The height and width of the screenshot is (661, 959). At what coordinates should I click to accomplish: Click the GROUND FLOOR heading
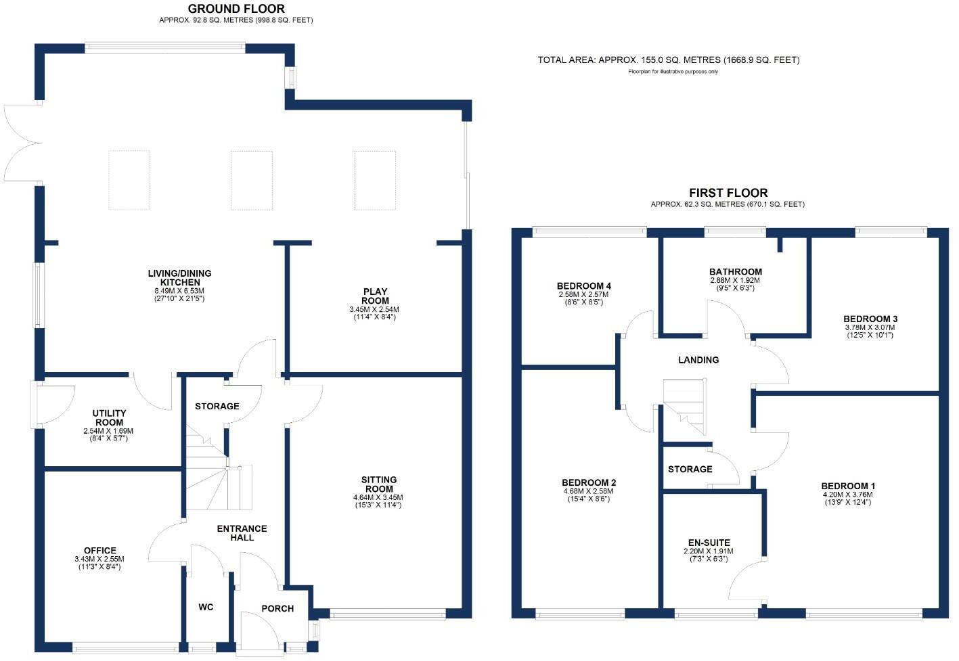point(236,9)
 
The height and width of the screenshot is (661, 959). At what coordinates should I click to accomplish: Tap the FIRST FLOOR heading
point(728,193)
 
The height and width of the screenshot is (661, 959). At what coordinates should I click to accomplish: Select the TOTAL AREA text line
point(668,60)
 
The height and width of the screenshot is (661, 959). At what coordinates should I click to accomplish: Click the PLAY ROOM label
point(374,296)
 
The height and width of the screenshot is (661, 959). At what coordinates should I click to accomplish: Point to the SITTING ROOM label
point(379,484)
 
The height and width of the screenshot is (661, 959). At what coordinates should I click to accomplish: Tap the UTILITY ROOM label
point(110,417)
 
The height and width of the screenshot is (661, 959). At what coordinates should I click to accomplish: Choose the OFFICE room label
point(100,551)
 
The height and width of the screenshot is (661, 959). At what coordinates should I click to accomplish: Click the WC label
point(206,608)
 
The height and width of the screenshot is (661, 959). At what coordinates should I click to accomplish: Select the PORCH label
point(277,609)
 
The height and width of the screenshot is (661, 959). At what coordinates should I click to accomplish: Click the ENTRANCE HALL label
point(242,533)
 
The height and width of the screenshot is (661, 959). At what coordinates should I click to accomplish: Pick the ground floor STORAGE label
point(217,407)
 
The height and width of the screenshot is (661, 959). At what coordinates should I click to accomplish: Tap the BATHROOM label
point(736,272)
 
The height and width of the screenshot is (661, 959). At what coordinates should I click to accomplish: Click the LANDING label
point(698,360)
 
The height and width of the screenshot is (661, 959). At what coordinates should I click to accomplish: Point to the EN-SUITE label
point(709,543)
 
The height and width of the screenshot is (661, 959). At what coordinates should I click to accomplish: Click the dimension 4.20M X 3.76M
point(848,495)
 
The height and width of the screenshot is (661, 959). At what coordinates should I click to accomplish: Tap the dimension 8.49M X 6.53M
point(179,291)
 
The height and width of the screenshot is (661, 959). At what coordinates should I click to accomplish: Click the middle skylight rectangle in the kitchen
point(251,180)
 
